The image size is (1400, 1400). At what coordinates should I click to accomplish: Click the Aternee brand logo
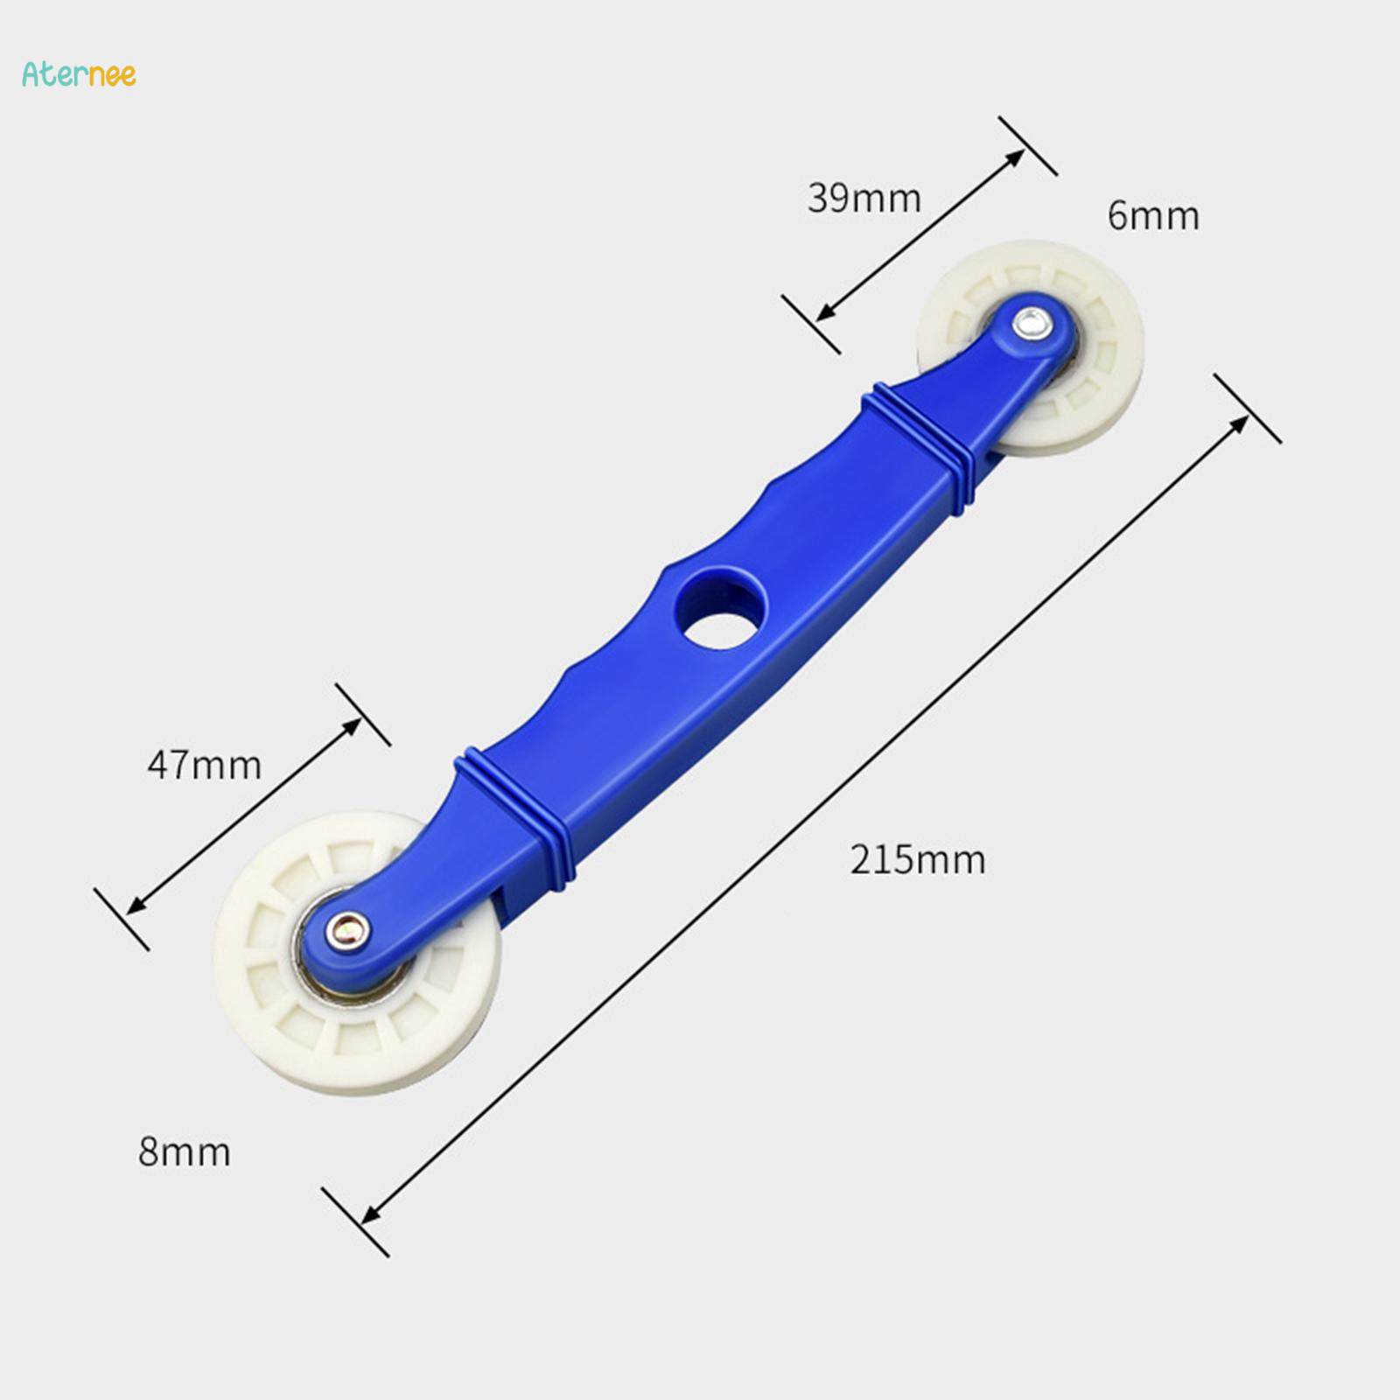point(79,74)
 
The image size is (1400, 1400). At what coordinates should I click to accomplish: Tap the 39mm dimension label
point(864,199)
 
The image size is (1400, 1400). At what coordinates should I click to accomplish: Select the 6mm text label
point(1152,216)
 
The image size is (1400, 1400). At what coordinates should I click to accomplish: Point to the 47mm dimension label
point(204,766)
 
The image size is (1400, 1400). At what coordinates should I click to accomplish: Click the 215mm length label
point(918,860)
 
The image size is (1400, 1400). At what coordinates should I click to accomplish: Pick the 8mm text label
point(184,1152)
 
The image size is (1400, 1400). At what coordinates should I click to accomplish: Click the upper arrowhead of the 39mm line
point(1016,157)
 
